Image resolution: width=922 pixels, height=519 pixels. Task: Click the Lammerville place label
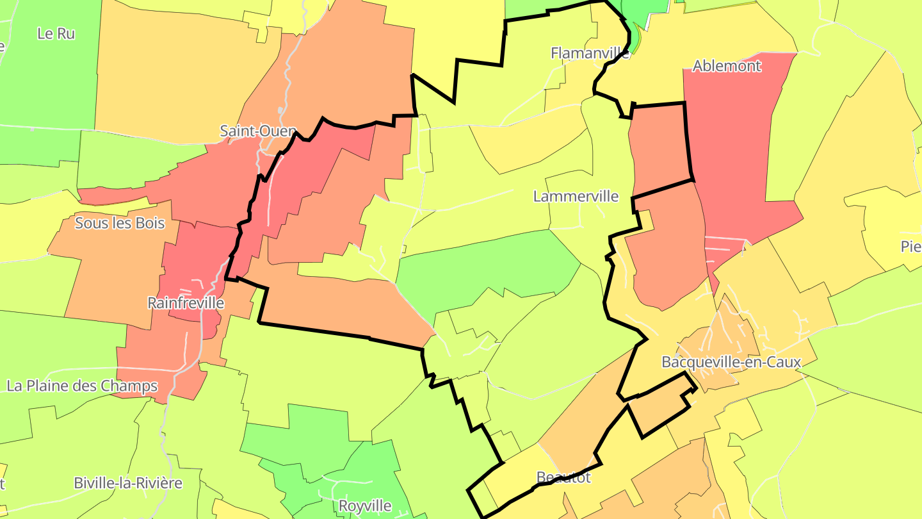tap(576, 196)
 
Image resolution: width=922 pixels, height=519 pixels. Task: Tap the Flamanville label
tap(590, 53)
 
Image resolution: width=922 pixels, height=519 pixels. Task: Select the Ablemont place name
tap(727, 65)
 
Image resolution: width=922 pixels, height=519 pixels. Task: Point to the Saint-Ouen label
tap(257, 131)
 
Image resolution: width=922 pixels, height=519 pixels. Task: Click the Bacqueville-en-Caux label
tap(731, 362)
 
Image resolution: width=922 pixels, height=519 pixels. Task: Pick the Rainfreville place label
tap(186, 302)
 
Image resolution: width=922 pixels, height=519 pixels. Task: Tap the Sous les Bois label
tap(120, 223)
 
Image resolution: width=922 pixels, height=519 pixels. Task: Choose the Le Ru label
tap(56, 33)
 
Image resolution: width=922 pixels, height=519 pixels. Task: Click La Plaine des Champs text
tap(82, 386)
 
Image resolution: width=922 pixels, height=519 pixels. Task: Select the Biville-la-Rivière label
tap(128, 482)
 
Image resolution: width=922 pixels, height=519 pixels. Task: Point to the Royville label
tap(365, 506)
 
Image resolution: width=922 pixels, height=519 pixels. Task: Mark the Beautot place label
tap(563, 477)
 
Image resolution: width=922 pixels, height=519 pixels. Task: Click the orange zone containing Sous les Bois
tap(109, 269)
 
